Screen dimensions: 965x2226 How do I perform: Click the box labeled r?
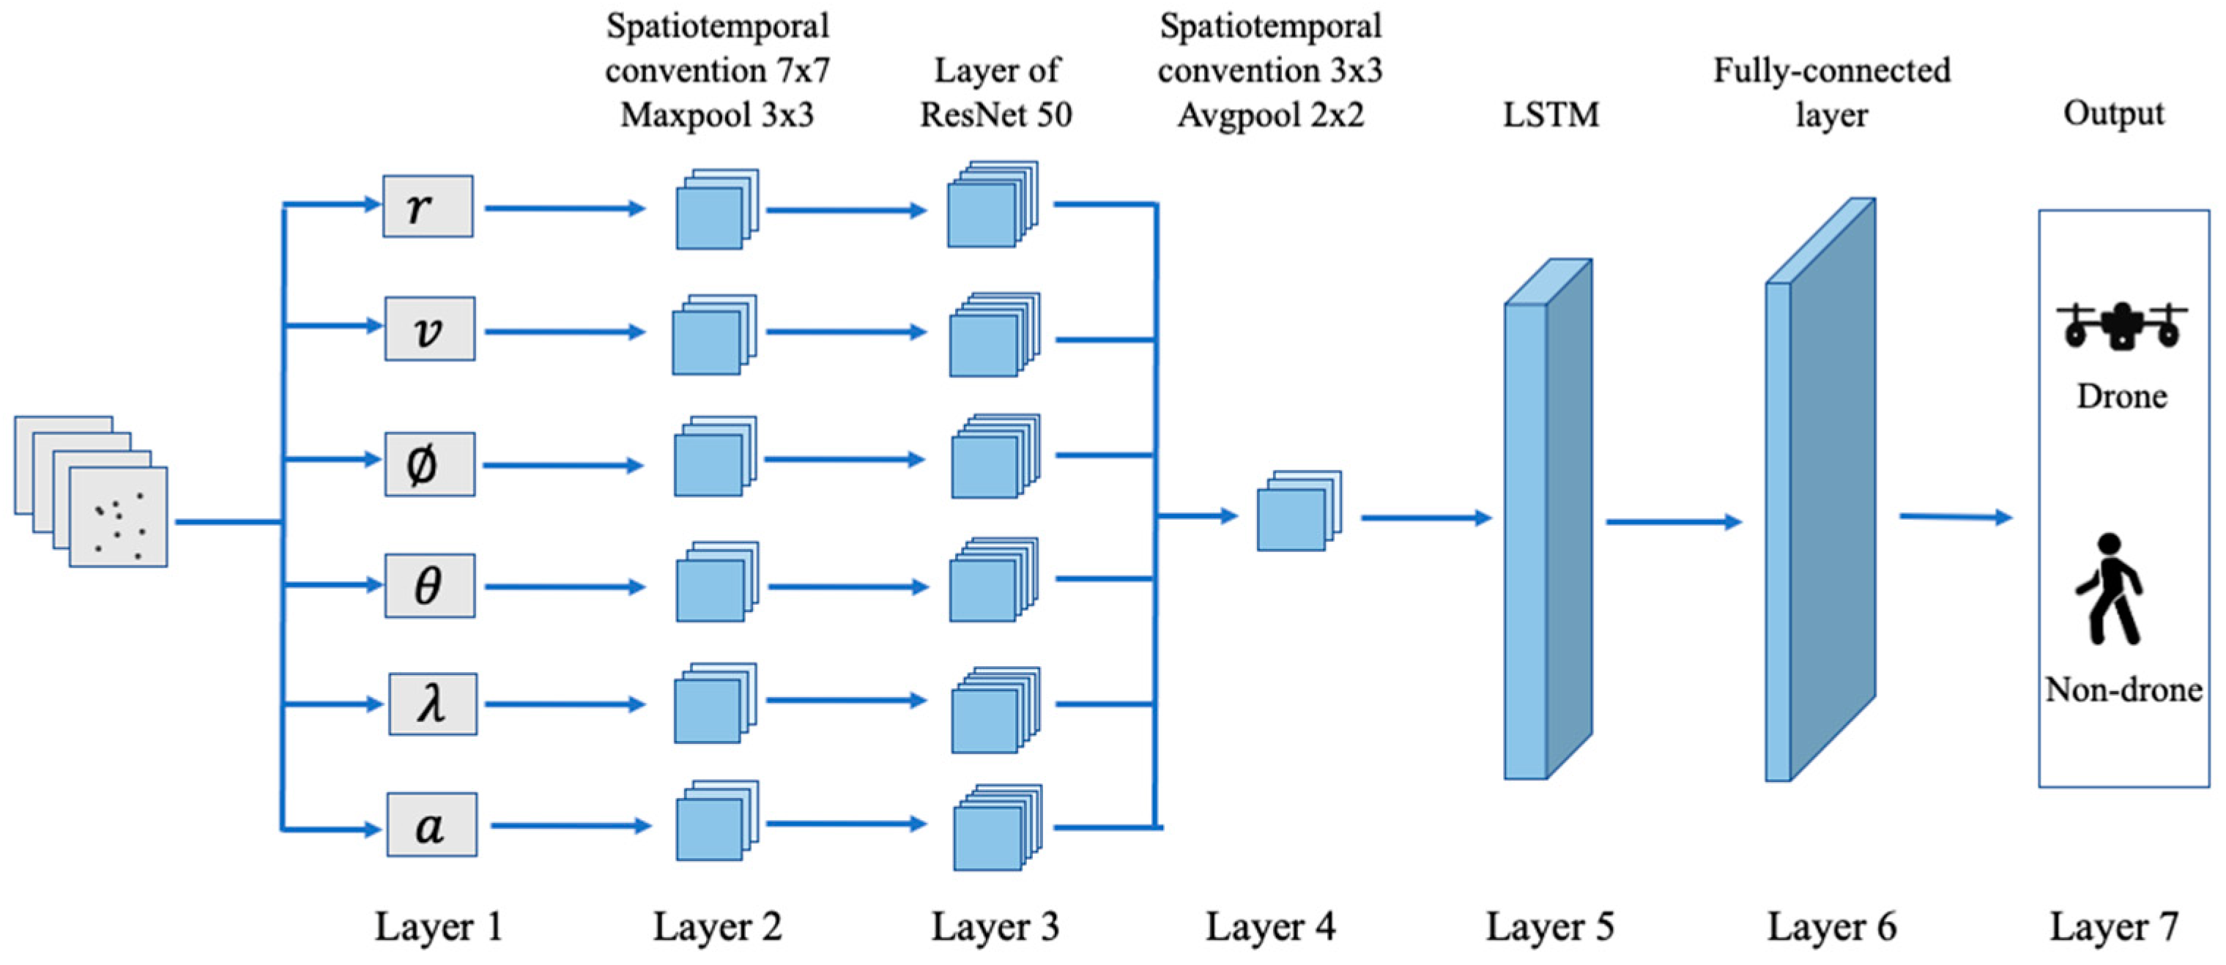pos(428,206)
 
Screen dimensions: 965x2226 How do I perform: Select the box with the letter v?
pos(429,329)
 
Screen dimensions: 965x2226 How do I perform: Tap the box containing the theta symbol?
pos(429,586)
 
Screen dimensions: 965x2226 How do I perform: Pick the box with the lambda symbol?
pos(432,704)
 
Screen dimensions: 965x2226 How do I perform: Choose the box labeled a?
pos(431,825)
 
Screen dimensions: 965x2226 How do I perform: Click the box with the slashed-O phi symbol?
pos(429,465)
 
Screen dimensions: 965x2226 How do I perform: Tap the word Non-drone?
pos(2122,690)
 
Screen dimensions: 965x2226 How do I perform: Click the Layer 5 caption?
pos(1549,927)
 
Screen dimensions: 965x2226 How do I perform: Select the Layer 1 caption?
pos(438,927)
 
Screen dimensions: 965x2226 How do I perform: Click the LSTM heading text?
pos(1551,114)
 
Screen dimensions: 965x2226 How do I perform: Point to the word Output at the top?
pos(2114,113)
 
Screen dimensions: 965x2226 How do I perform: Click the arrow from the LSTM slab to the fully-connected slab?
pos(1672,522)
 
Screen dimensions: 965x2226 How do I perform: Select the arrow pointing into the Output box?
pos(1955,518)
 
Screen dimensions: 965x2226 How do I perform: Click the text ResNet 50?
pos(995,114)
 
